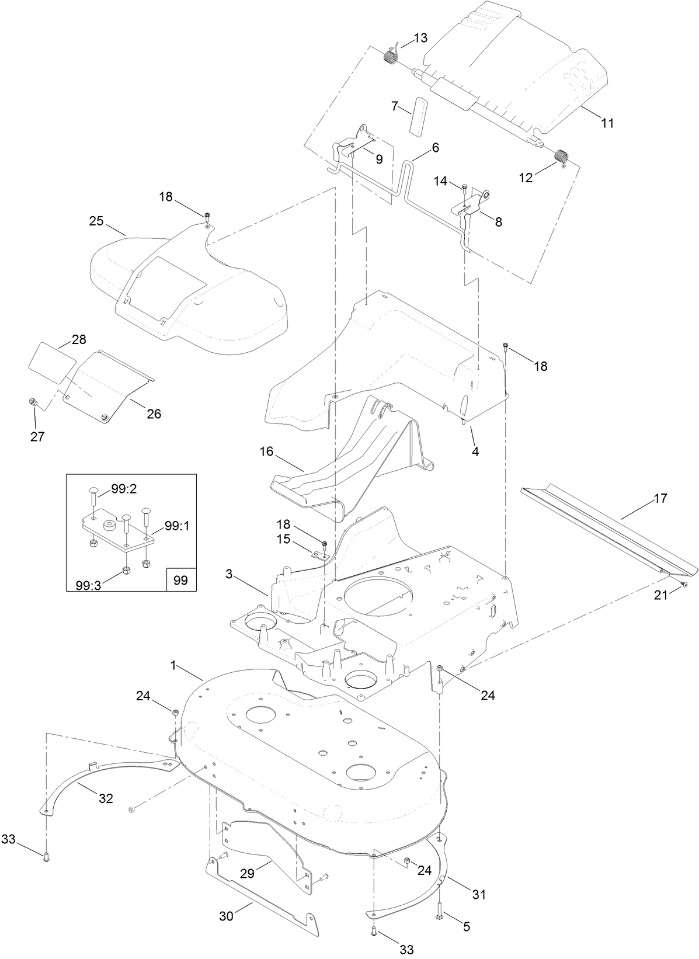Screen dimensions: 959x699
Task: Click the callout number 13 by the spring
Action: click(420, 38)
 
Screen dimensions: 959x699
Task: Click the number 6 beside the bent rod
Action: click(435, 148)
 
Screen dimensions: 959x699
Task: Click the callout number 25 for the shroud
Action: click(96, 221)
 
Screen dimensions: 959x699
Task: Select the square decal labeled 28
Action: click(53, 362)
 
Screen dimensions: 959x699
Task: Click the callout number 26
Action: click(154, 414)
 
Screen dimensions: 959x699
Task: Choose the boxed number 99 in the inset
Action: click(180, 581)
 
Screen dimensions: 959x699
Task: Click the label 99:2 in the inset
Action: click(123, 489)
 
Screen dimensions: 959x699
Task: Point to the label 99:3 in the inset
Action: click(88, 585)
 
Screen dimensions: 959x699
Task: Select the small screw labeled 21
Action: click(687, 583)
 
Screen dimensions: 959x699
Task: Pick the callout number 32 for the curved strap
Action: click(106, 798)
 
